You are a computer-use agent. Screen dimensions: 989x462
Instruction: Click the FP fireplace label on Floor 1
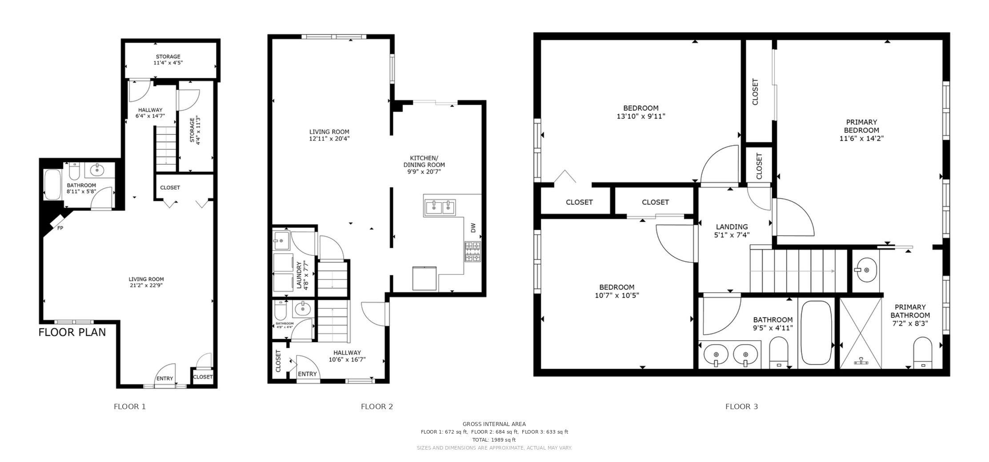(x=60, y=228)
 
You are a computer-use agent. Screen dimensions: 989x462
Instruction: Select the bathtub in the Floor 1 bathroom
(x=52, y=185)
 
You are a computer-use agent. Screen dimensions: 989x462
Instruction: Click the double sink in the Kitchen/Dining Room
(x=440, y=207)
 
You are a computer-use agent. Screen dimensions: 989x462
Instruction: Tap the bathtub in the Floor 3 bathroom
(x=816, y=333)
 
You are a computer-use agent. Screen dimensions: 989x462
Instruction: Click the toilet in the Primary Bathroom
(x=923, y=353)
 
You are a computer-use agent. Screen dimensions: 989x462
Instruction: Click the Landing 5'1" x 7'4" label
(x=732, y=231)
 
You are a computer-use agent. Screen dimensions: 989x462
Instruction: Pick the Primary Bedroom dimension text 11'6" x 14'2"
(x=861, y=138)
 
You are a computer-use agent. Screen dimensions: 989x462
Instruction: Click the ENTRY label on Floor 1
(x=164, y=378)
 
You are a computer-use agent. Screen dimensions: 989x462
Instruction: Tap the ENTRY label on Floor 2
(x=307, y=374)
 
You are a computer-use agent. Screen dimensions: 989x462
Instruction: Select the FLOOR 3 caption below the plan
(x=741, y=406)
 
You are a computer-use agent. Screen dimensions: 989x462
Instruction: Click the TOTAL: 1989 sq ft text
(x=494, y=440)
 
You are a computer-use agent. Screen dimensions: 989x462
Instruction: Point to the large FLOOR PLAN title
(x=72, y=332)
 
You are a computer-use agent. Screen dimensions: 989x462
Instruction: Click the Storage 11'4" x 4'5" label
(x=168, y=60)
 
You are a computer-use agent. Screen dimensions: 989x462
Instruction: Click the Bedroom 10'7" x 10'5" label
(x=617, y=291)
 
